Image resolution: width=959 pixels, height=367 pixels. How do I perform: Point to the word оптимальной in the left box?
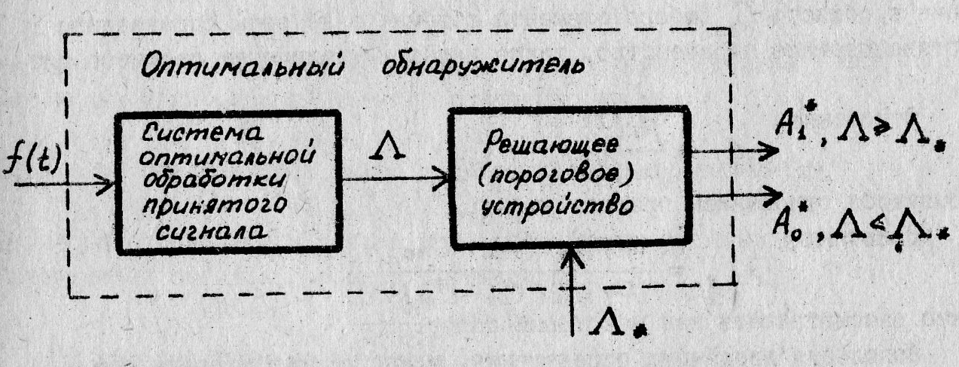(227, 158)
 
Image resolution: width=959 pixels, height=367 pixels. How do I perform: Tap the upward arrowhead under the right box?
(573, 258)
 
